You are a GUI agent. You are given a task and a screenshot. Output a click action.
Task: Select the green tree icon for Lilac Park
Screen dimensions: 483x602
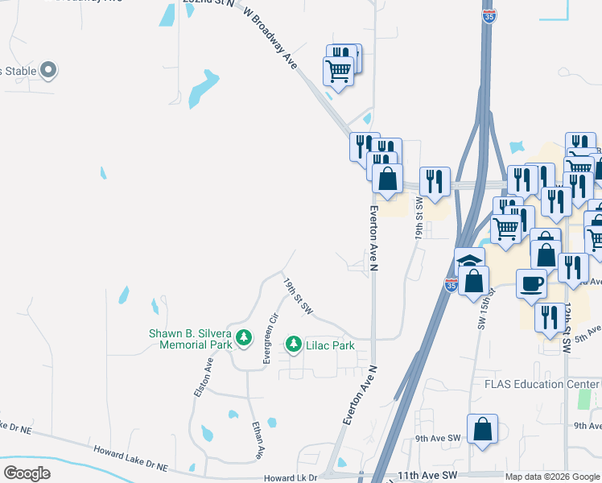pos(294,345)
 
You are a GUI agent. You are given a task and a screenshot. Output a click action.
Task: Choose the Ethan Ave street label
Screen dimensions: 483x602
pos(258,440)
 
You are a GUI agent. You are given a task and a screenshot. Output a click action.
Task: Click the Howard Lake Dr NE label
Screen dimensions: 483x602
pos(130,459)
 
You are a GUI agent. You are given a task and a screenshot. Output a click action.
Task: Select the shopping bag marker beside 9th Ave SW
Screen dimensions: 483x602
pos(482,429)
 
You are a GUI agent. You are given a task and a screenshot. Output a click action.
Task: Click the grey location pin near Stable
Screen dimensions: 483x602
pos(47,71)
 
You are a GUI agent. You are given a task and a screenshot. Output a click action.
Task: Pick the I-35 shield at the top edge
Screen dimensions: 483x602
pos(489,15)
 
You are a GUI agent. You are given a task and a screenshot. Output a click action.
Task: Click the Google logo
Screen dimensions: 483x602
pos(27,473)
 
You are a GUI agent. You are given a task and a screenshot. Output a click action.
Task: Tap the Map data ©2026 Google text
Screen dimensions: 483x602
pos(552,477)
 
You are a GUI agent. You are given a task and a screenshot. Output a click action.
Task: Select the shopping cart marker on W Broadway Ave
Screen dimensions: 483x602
pos(338,71)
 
